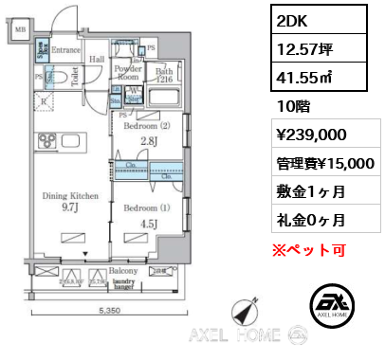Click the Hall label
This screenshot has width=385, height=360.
pos(98,59)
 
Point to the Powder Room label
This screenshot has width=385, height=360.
pos(128,73)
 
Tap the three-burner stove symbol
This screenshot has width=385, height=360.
pos(47,140)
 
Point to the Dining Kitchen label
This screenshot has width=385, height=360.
pos(68,196)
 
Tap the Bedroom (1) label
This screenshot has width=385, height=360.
pos(148,207)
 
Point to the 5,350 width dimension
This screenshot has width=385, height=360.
pos(109,309)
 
